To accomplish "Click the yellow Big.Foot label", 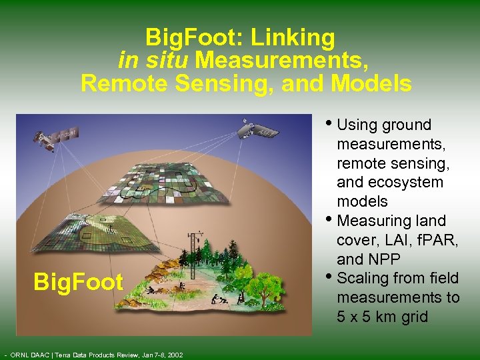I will (x=79, y=281).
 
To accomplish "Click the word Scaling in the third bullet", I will (x=362, y=278).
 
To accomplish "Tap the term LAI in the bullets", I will (x=404, y=239).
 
